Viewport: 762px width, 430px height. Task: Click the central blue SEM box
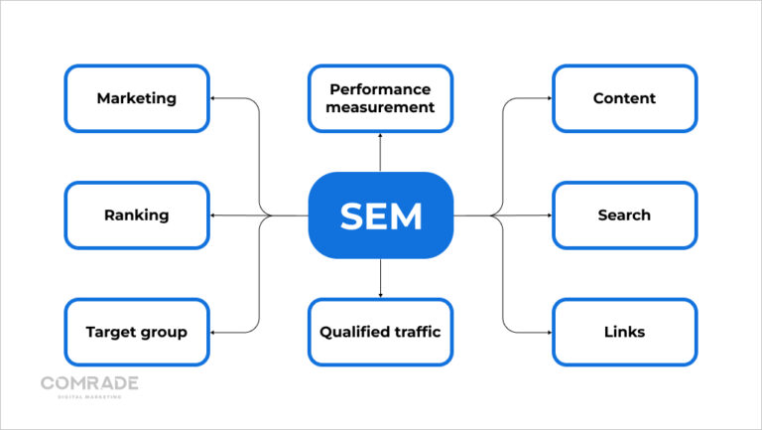(380, 215)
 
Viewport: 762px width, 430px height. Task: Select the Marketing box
(137, 98)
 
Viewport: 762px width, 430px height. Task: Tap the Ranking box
(137, 215)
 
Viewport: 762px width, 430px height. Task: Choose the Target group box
(137, 332)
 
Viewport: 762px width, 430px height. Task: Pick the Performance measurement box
(380, 98)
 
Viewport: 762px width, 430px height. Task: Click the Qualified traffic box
(380, 332)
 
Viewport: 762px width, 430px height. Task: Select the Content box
(624, 98)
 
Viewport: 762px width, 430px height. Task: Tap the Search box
(624, 215)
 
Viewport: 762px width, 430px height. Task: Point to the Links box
(624, 332)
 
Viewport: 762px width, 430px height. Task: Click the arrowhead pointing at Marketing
(214, 98)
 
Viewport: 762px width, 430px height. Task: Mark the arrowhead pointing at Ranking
(214, 215)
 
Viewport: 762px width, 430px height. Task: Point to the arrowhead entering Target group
(214, 332)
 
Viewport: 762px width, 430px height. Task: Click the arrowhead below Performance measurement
(380, 137)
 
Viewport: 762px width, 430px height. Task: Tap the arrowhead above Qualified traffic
(380, 294)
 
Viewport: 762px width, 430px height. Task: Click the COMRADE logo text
(89, 383)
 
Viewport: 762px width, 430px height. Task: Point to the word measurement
(380, 107)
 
